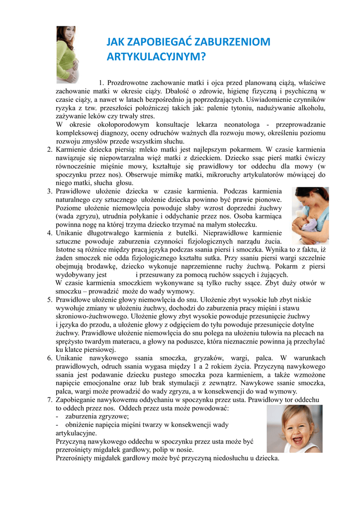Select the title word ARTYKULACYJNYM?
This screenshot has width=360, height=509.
point(156,57)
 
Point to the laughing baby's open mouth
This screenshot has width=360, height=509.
point(297,438)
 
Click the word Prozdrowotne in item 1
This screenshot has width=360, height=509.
point(128,83)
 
